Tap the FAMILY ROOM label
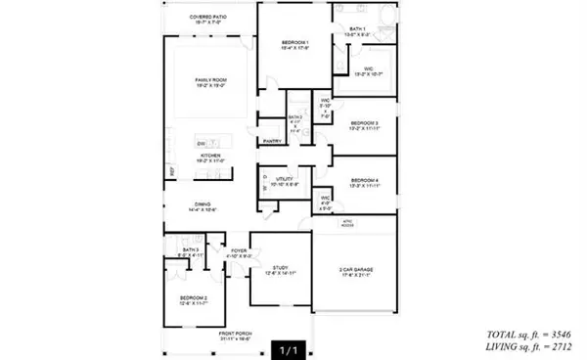pos(204,81)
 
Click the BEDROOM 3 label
pos(364,123)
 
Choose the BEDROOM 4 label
pos(364,180)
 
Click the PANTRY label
pos(273,141)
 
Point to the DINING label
pos(204,206)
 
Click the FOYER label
pos(240,250)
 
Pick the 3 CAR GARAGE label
pos(355,269)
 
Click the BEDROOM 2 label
pos(193,298)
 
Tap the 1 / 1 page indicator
pos(288,347)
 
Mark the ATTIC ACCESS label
pos(346,224)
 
